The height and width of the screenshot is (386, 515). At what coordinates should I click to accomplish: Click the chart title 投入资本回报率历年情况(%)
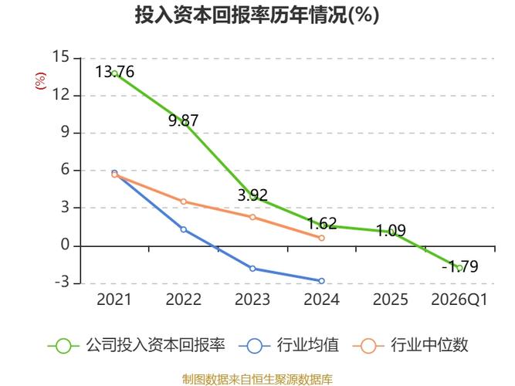click(x=257, y=15)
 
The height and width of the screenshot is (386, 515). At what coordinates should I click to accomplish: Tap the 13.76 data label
click(x=114, y=72)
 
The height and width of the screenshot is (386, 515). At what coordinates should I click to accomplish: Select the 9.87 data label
click(x=184, y=120)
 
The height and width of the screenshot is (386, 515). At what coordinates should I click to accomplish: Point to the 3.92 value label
click(x=252, y=195)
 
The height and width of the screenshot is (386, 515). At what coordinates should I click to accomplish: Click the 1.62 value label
click(x=322, y=224)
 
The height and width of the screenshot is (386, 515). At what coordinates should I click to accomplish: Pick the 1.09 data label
click(x=391, y=230)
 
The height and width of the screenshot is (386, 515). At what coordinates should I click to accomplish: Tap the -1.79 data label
click(x=460, y=267)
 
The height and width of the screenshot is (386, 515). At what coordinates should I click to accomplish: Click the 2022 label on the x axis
click(x=184, y=300)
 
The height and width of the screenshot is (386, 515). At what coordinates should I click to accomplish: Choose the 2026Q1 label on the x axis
click(x=459, y=300)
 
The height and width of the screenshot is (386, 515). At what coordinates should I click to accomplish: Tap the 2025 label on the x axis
click(x=391, y=300)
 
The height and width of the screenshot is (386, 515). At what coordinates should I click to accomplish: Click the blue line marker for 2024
click(x=321, y=281)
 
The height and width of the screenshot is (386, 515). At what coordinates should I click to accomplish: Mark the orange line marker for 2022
click(x=183, y=201)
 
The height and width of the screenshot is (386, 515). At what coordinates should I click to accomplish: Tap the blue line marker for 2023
click(x=252, y=269)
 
